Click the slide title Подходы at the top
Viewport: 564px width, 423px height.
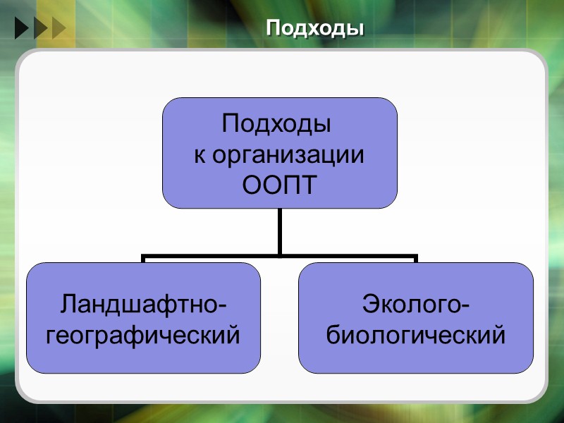click(x=315, y=29)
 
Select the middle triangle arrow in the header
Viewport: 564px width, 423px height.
click(x=39, y=28)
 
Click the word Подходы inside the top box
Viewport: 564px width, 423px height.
click(x=276, y=124)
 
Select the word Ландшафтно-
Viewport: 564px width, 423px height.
click(x=144, y=305)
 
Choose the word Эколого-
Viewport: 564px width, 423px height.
click(x=416, y=305)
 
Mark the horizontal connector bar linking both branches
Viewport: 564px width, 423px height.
click(x=211, y=257)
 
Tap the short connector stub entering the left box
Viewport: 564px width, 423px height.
click(x=144, y=259)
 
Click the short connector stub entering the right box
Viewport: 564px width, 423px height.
click(x=416, y=259)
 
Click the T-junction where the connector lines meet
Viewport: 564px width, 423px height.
click(x=280, y=256)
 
